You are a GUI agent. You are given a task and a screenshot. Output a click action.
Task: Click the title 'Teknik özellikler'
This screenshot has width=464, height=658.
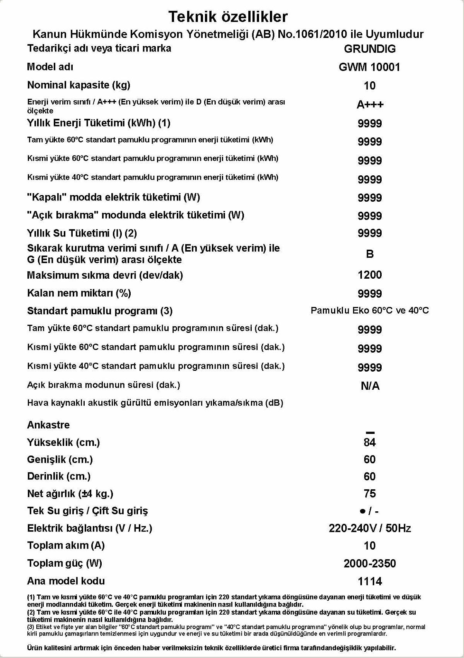pos(228,17)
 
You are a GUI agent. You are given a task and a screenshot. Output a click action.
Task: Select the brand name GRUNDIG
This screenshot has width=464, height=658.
pos(370,49)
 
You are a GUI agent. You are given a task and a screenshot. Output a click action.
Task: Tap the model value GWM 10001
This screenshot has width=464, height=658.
pos(369,67)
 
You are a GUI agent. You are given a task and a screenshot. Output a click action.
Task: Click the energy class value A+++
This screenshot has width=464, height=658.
pos(370,105)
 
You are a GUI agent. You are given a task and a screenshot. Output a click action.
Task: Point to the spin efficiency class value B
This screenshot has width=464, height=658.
pos(370,254)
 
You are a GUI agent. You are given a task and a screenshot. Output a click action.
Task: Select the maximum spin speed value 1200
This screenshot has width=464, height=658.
pos(370,275)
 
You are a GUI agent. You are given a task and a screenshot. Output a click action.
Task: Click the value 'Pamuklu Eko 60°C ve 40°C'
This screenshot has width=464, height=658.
pos(370,310)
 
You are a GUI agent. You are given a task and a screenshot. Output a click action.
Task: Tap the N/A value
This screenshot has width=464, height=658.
pos(370,386)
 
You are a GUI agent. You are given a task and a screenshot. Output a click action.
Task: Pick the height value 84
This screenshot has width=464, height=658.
pos(370,442)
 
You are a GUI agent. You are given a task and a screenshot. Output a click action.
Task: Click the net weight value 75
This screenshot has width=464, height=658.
pos(370,494)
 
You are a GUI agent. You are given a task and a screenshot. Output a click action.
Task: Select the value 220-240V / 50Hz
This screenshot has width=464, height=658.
pos(370,528)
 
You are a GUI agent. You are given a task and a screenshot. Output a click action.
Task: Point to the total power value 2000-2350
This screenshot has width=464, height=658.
pos(370,564)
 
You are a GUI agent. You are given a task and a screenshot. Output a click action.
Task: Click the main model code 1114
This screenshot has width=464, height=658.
pos(370,581)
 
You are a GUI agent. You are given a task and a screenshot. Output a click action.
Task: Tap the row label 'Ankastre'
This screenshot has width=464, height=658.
pos(48,425)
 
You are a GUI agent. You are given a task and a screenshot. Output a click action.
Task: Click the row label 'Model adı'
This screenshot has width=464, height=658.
pos(50,67)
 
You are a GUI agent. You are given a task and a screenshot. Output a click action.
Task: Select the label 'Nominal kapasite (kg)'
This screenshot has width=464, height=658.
pos(78,85)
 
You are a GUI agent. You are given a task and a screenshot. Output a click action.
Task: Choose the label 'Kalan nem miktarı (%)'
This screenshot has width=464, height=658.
pos(79,293)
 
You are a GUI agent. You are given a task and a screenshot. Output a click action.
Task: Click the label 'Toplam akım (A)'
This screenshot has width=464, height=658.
pos(66,546)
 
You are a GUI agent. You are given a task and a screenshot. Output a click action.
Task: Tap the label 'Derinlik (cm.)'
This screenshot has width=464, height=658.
pos(59,476)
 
